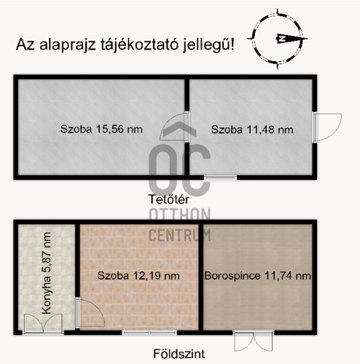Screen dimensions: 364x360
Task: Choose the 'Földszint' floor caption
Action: pos(178,354)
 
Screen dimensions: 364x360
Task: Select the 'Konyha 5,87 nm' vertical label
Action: pos(47,273)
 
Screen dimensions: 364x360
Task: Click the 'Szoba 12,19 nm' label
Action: pos(138,276)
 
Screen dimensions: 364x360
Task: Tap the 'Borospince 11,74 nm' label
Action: pos(259,276)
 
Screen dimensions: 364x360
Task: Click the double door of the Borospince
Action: pos(246,341)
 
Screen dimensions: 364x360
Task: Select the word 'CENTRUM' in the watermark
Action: pos(179,234)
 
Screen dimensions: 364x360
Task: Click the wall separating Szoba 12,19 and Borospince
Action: pos(200,276)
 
